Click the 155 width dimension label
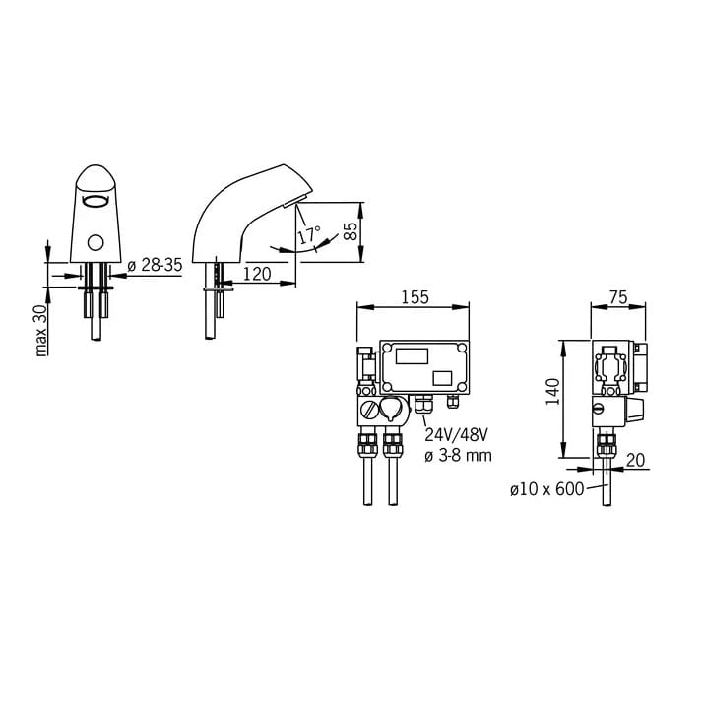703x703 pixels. [x=415, y=297]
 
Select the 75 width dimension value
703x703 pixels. [x=618, y=297]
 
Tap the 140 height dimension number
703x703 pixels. [x=553, y=392]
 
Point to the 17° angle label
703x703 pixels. [x=310, y=235]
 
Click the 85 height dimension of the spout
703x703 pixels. [x=351, y=231]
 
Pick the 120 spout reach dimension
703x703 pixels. [x=257, y=274]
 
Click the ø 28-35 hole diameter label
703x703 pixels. [x=156, y=265]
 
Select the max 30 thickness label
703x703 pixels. [x=40, y=331]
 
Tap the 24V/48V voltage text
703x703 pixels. [x=456, y=435]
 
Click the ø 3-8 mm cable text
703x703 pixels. [x=458, y=456]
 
